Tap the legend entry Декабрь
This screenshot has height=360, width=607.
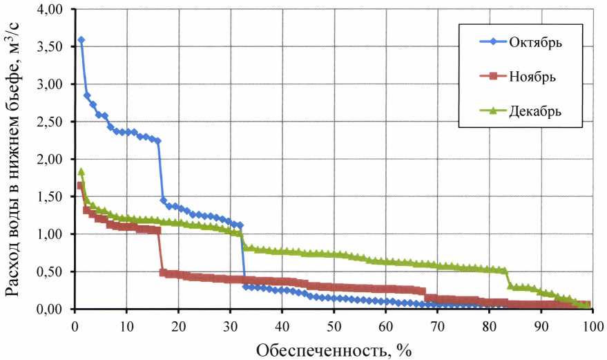536,111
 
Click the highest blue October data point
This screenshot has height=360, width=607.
81,40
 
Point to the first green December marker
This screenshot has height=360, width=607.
81,171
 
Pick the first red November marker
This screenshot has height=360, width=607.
80,186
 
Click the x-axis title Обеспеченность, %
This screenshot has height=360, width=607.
334,350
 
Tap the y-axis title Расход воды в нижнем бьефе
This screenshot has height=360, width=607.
15,159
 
